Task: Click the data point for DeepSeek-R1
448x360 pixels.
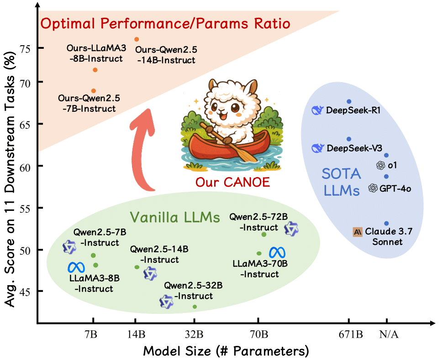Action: point(349,101)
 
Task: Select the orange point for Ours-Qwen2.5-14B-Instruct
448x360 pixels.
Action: point(137,39)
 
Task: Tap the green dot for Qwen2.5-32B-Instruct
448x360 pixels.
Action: point(195,307)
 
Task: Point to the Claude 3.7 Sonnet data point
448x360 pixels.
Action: point(386,224)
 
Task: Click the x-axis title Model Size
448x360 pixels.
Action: point(226,351)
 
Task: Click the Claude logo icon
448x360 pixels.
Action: point(358,232)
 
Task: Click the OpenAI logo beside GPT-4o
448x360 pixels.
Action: point(373,188)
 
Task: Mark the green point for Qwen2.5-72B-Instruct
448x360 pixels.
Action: point(264,234)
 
